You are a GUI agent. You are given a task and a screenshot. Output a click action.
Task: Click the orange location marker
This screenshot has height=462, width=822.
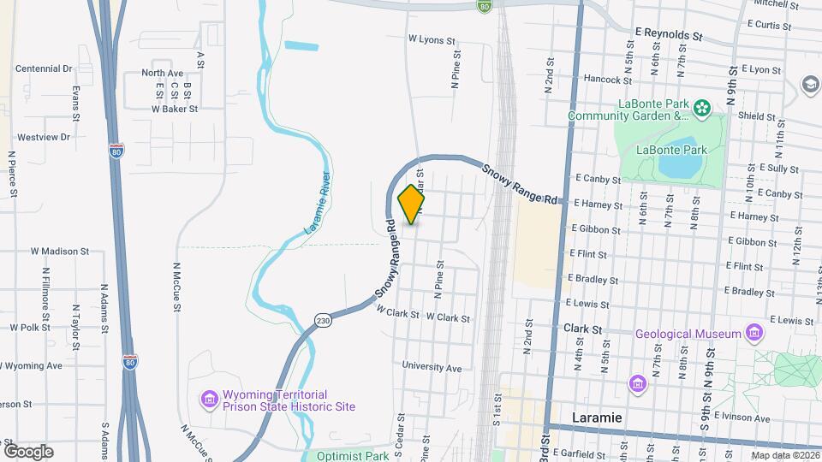[x=411, y=204]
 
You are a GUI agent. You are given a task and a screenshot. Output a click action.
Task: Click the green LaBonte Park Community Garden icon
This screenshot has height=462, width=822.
[x=702, y=108]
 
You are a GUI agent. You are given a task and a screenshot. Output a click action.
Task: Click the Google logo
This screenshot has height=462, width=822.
[x=28, y=451]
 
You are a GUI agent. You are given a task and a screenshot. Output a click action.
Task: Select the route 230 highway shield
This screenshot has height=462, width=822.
[x=322, y=319]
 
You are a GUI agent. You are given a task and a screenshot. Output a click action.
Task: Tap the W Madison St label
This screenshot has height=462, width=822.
[x=60, y=252]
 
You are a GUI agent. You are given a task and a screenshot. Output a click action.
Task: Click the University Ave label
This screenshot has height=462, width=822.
[x=432, y=368]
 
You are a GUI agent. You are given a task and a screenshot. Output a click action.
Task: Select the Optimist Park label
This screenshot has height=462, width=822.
[x=352, y=456]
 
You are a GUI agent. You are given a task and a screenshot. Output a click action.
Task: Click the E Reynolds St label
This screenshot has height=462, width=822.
[x=669, y=37]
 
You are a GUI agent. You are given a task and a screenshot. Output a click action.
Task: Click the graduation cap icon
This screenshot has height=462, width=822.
[x=809, y=84]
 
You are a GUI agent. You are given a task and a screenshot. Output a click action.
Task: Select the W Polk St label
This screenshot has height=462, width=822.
[x=31, y=327]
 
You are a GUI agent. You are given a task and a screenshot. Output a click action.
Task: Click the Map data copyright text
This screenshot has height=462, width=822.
[x=783, y=455]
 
